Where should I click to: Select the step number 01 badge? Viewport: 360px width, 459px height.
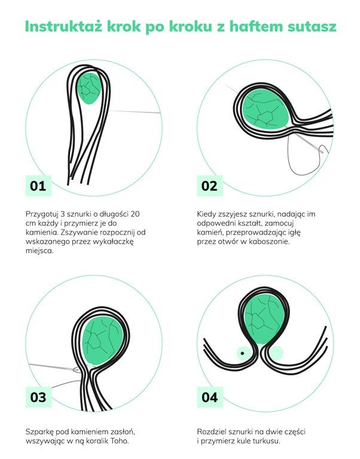tap(38, 186)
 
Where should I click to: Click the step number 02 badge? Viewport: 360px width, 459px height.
tap(210, 186)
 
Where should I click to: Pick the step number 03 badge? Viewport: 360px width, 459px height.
tap(38, 397)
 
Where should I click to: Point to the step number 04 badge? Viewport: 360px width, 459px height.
tap(210, 397)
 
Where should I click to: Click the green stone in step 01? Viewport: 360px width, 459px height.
tap(89, 88)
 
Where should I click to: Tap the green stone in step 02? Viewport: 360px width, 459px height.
tap(266, 109)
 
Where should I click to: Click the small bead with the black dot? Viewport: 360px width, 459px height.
tap(243, 353)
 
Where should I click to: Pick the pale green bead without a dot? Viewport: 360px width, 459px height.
tap(276, 353)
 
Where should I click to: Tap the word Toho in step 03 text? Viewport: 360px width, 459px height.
tap(120, 441)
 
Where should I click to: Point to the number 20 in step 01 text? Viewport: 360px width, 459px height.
tap(135, 214)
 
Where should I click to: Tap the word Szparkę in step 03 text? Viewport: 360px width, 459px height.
tap(39, 432)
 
